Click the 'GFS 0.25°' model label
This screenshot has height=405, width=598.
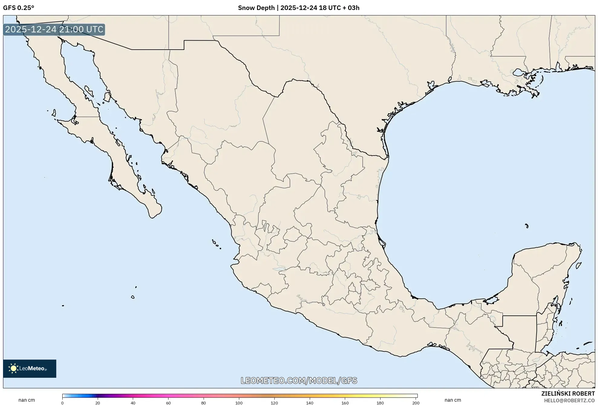tap(18, 8)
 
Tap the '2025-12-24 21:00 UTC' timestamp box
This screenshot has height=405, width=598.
tap(54, 29)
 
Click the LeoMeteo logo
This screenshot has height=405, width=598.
tap(30, 368)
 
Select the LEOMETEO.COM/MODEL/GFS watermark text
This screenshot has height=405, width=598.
tap(299, 380)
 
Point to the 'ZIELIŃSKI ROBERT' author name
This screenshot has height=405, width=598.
tap(568, 393)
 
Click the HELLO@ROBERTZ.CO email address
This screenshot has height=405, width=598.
tap(569, 400)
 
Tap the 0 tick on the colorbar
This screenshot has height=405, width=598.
tap(62, 403)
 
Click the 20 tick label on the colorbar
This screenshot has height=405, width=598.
tap(98, 403)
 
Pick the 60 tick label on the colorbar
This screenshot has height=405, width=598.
tap(168, 403)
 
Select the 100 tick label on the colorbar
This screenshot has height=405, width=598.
tap(239, 403)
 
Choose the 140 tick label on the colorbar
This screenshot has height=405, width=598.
tap(310, 403)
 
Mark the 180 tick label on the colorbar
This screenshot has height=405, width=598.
tap(380, 403)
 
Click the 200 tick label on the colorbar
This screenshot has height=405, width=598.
tap(416, 403)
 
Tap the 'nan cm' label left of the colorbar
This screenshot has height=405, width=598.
tap(27, 400)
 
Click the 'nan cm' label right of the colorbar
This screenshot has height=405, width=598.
tap(453, 400)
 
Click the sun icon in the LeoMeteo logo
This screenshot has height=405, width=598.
tap(13, 368)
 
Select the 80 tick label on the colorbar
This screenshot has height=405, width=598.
tap(204, 403)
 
